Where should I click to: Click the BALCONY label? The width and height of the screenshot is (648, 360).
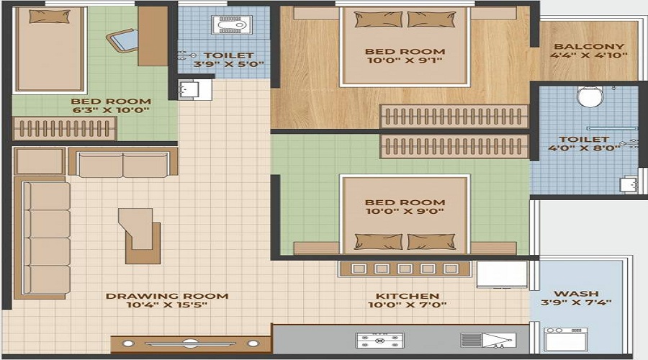(x=589, y=46)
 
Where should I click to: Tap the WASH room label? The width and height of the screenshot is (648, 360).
(x=576, y=294)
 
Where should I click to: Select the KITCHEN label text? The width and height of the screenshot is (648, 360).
(x=407, y=296)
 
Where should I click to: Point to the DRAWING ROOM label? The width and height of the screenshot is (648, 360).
(x=167, y=296)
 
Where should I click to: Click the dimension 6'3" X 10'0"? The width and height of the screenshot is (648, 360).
(x=111, y=110)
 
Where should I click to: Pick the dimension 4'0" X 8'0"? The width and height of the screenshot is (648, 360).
(x=584, y=148)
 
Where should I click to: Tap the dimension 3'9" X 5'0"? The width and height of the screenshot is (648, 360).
(x=228, y=65)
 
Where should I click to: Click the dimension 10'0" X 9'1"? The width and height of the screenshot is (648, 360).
(x=405, y=60)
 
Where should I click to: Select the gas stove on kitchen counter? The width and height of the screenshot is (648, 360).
(x=379, y=341)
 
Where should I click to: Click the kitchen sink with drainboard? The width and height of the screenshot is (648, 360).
(x=488, y=341)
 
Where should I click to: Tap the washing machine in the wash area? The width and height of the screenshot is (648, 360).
(x=566, y=340)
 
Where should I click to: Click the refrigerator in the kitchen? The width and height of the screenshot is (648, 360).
(x=502, y=274)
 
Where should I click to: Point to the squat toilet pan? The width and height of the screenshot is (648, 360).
(x=231, y=24)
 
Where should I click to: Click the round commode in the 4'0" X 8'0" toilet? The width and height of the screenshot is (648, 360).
(x=589, y=96)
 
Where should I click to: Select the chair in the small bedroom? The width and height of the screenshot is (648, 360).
(x=122, y=41)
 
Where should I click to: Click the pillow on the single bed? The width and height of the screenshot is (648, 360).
(x=50, y=17)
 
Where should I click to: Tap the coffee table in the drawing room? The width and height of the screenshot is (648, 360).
(x=139, y=235)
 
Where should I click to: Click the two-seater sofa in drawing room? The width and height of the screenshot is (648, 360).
(x=122, y=162)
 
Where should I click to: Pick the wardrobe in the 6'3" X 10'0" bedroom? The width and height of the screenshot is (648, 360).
(x=65, y=129)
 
